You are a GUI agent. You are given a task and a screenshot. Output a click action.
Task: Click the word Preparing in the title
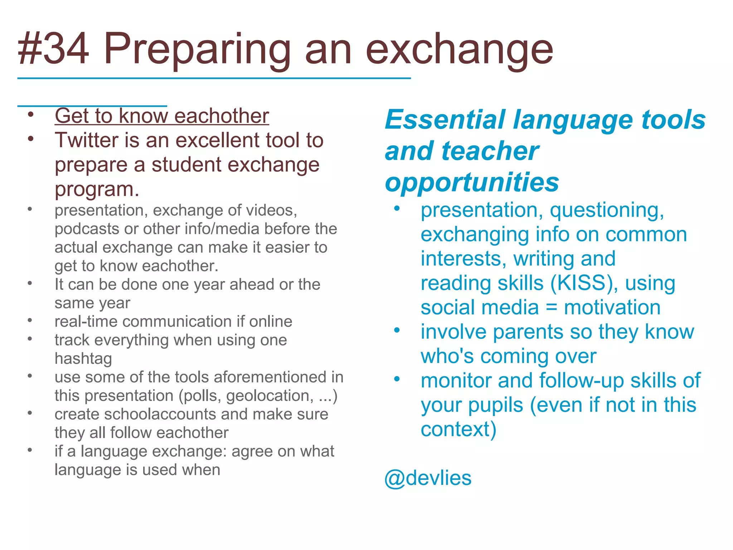coord(197,50)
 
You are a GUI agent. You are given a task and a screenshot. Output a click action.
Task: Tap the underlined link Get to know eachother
coord(161,116)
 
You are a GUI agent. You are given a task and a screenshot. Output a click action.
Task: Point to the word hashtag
coord(83,359)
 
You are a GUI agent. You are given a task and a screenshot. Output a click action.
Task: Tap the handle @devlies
coord(428,478)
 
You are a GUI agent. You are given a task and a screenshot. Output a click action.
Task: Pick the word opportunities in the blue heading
coord(471,182)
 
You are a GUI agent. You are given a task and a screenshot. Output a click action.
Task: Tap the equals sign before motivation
coord(551,308)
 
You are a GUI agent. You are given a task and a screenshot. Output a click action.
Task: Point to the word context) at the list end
coord(458,429)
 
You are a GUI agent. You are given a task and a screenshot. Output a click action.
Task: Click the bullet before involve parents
coord(397,330)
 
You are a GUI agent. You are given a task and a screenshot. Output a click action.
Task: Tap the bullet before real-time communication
coord(30,320)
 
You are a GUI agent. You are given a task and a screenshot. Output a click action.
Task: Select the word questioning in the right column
coord(607,210)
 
